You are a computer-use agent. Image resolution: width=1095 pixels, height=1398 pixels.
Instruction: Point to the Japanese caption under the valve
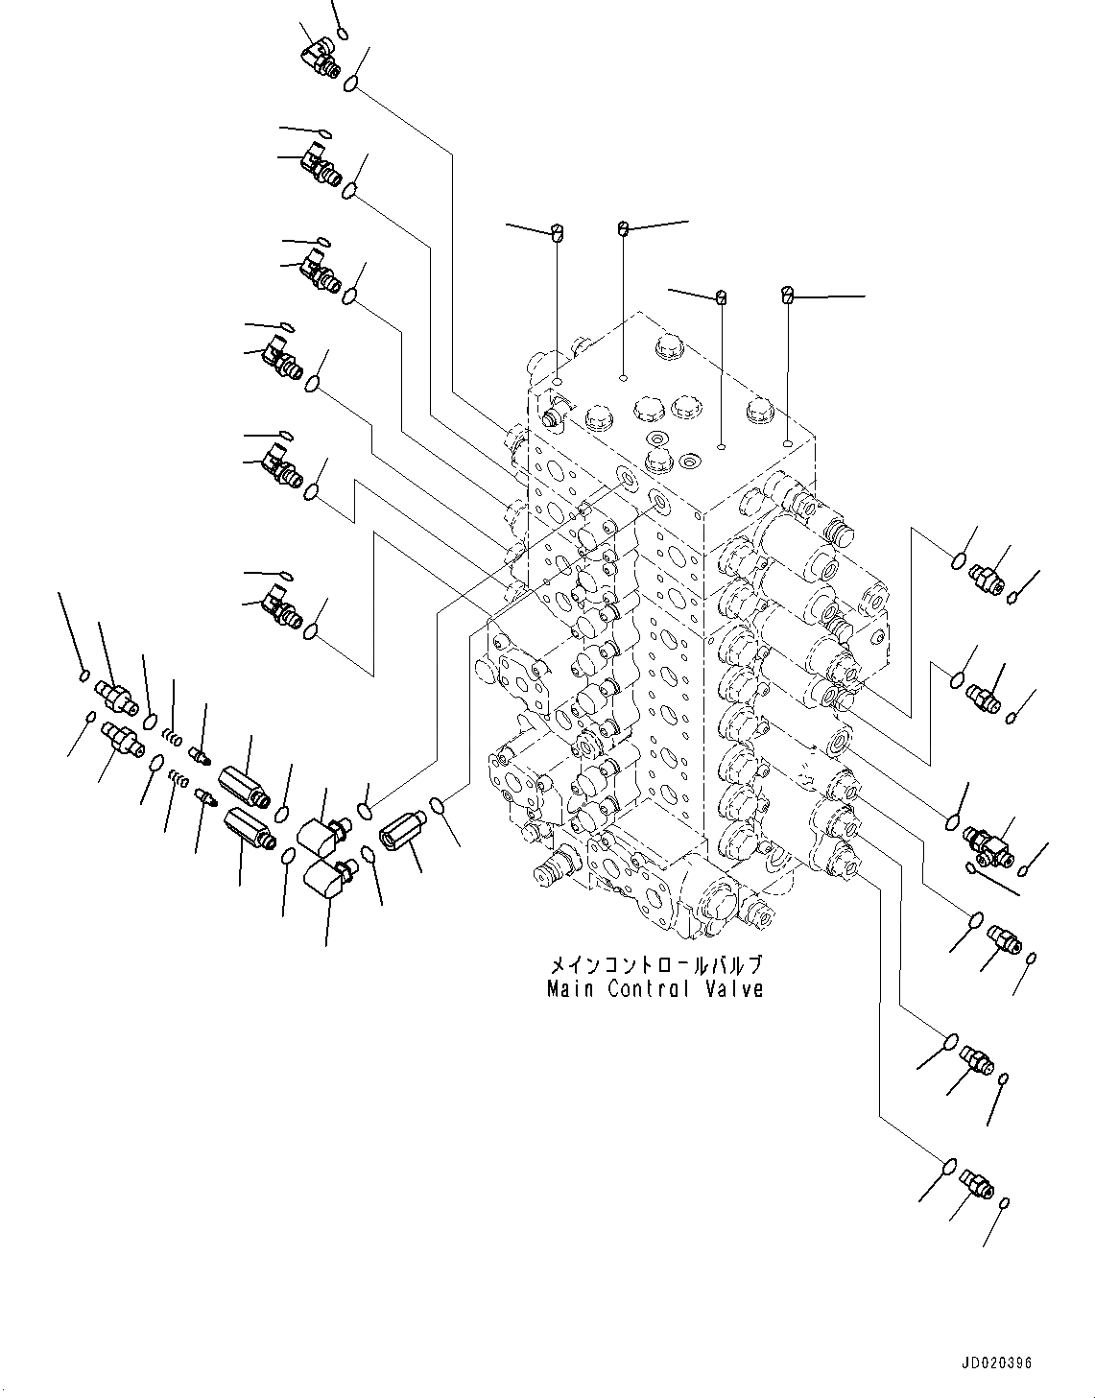(655, 964)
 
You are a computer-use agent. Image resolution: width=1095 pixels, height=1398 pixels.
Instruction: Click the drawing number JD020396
(996, 1363)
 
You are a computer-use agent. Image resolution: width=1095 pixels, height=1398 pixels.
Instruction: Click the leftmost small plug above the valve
(557, 230)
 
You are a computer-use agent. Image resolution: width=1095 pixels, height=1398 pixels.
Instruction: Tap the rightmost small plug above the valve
(788, 294)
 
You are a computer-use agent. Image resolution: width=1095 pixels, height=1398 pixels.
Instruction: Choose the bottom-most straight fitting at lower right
(976, 1186)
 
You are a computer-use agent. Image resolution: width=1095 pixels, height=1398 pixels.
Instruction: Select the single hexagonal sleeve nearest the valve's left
(396, 826)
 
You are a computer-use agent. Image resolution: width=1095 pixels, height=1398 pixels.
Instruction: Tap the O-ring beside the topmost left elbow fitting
(352, 83)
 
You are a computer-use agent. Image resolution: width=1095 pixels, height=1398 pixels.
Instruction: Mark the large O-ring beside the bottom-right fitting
(947, 1166)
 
